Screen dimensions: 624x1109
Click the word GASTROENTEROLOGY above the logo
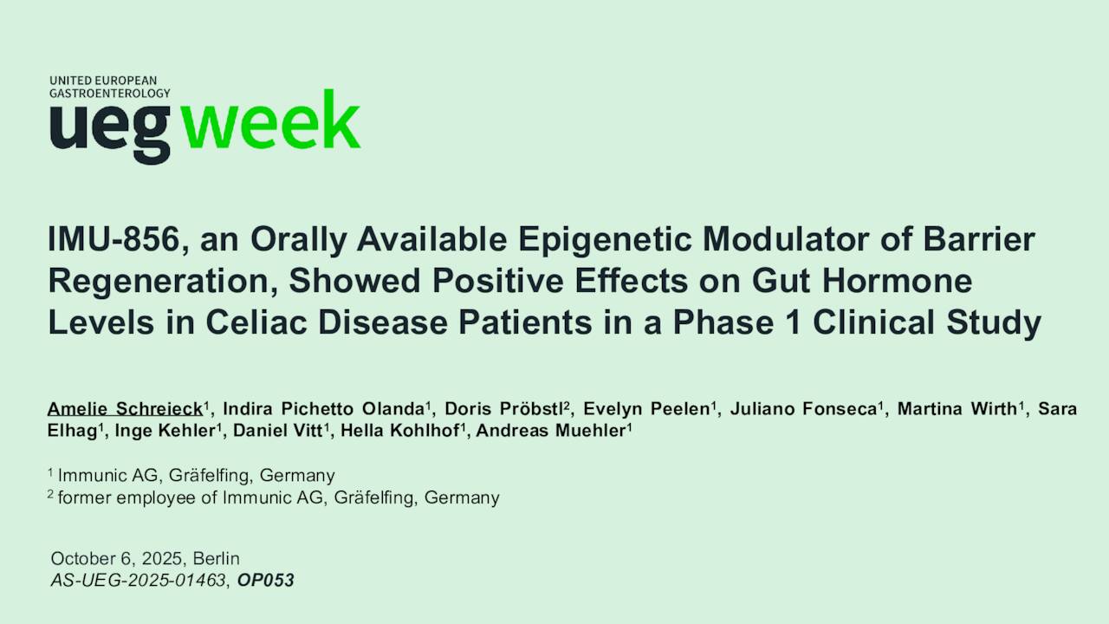(x=109, y=93)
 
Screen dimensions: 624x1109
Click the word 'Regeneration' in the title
(x=161, y=282)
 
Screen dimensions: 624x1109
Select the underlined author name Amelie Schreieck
(x=125, y=409)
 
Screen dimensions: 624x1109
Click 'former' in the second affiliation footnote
(x=83, y=498)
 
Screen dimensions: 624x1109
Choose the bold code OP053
(x=265, y=581)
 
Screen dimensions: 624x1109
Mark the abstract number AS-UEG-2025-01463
(x=138, y=581)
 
